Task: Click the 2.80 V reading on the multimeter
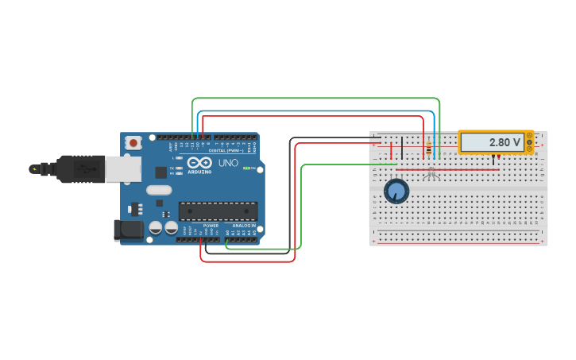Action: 504,142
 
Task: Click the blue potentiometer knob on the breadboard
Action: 396,192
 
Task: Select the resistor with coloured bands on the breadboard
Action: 430,149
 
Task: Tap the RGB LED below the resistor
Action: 431,172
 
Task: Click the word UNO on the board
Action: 228,163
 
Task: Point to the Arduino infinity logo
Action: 200,163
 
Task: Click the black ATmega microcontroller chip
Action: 218,211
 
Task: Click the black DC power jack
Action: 129,230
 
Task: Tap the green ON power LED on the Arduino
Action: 247,168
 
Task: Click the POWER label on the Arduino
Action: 211,226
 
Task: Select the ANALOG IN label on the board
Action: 243,226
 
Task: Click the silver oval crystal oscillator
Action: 159,190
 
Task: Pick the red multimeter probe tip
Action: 499,157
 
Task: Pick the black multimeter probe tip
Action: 493,157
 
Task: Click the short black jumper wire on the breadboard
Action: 402,148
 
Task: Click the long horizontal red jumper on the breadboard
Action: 447,169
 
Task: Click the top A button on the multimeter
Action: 529,135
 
